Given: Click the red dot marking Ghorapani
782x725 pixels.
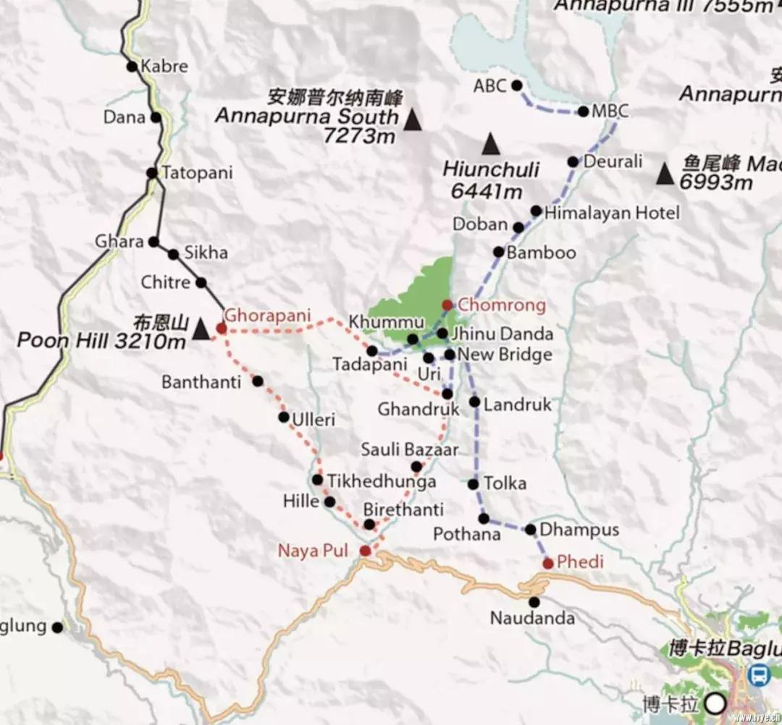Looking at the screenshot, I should (222, 328).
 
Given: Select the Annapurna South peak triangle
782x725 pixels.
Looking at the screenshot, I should (413, 120).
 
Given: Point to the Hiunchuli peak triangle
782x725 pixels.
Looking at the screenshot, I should (491, 144).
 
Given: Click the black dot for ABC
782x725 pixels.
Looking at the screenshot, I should (517, 85).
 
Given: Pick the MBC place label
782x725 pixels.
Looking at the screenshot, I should (610, 111).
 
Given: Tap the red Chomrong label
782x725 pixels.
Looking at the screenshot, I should (502, 305).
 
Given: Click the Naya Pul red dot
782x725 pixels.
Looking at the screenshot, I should (366, 551).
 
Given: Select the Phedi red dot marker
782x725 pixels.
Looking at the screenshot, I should (548, 563).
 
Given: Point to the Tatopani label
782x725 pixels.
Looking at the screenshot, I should (197, 174).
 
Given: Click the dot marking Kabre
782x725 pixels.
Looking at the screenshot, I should (132, 67).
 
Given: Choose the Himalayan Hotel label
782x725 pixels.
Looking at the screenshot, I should (612, 213).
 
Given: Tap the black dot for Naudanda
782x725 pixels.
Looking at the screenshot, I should (534, 602).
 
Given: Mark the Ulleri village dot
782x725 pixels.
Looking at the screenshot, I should (284, 417).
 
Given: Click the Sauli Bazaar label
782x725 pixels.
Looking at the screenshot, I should (410, 450).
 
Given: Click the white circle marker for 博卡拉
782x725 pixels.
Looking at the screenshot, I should (717, 702).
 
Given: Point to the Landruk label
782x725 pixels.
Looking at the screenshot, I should (517, 404).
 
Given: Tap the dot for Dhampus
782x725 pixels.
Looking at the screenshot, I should (530, 530).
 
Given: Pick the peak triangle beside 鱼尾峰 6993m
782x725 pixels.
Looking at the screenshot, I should (665, 174).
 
